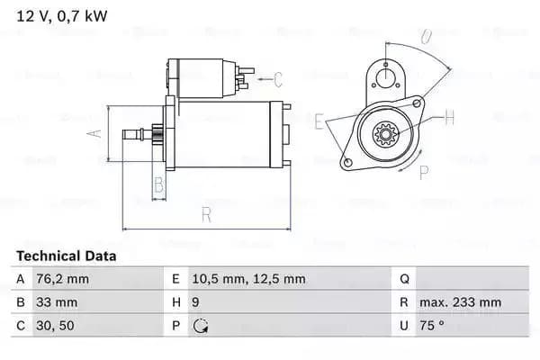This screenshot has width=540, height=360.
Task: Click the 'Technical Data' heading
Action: click(66, 256)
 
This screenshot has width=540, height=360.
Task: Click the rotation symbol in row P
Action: click(201, 326)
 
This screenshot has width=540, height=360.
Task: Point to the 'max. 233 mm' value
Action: click(463, 302)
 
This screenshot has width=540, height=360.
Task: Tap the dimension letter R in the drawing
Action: click(206, 214)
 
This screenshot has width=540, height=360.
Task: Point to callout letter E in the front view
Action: click(319, 120)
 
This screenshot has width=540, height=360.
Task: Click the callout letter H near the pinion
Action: click(449, 117)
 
